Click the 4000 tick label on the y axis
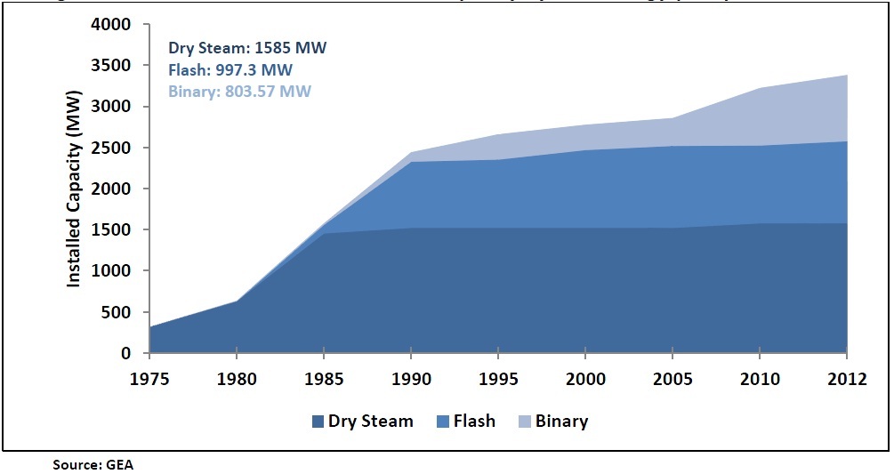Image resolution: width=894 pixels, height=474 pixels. tap(115, 24)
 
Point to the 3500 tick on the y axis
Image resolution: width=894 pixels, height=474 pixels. tap(115, 66)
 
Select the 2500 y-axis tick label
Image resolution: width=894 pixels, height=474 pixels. tap(115, 148)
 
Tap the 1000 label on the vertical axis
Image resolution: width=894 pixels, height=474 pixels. tap(115, 271)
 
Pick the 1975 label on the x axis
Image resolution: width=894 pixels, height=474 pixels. tap(149, 380)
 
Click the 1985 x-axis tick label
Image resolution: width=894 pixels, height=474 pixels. tap(324, 380)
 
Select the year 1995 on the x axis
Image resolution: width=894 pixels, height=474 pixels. tap(498, 380)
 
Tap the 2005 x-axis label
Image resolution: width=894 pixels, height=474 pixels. tap(673, 380)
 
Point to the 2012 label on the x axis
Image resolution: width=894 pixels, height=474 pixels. tap(846, 380)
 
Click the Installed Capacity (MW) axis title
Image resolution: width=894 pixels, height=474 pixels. tap(75, 189)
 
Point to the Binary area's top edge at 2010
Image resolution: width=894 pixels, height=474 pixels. tap(760, 88)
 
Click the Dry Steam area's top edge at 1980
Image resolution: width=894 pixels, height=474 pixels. tap(237, 301)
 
